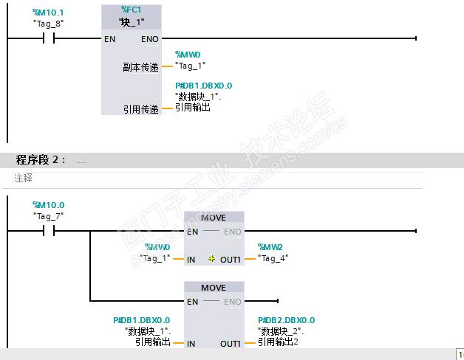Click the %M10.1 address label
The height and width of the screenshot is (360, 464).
[x=48, y=13]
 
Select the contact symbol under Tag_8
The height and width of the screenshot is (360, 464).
[x=49, y=38]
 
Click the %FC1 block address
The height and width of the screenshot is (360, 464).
[x=132, y=10]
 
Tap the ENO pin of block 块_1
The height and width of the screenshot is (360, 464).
[x=150, y=39]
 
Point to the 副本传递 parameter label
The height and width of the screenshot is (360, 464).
[x=140, y=67]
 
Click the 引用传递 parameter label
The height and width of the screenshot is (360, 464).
[x=141, y=109]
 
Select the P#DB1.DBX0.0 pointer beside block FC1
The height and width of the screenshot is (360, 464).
[x=204, y=86]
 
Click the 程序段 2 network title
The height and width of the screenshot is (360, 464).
[x=41, y=160]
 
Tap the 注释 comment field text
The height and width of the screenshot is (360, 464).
[x=24, y=178]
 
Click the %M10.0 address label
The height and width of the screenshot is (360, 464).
[x=48, y=205]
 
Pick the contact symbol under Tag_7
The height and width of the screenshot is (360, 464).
[x=49, y=231]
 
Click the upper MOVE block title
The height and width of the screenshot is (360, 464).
[x=214, y=218]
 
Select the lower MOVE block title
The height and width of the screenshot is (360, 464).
[x=214, y=288]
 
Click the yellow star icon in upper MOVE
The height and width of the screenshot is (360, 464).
[x=211, y=259]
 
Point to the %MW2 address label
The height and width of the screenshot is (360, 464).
[x=270, y=247]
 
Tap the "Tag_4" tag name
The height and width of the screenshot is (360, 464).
[x=273, y=258]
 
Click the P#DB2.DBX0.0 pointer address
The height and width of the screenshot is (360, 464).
[x=287, y=320]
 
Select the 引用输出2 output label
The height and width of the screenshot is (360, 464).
[x=278, y=342]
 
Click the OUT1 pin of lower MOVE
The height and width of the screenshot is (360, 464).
[x=231, y=344]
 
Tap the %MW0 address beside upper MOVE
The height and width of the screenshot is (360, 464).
[x=157, y=247]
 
